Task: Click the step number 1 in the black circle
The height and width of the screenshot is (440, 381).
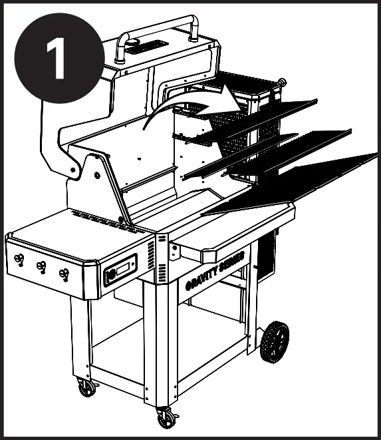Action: pos(59,59)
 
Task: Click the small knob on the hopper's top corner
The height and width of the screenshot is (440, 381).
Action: pos(282,83)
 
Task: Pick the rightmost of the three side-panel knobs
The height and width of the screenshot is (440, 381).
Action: pos(64,273)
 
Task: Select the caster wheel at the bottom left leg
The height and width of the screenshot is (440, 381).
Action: pos(86,387)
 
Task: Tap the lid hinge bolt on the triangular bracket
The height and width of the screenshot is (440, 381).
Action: pos(97,174)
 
